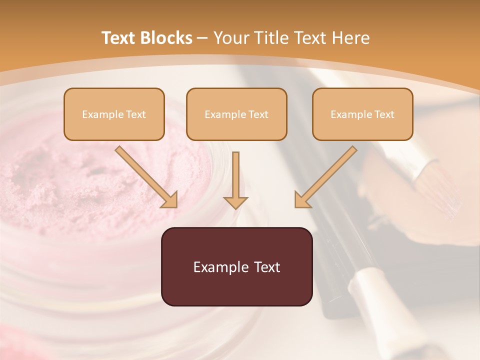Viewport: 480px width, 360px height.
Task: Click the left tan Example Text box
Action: pos(114,114)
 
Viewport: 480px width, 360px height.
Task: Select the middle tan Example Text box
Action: pos(236,114)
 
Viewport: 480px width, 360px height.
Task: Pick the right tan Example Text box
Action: pos(362,114)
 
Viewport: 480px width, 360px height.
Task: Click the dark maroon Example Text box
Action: pos(237,267)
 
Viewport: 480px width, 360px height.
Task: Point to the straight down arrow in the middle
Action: pos(235,180)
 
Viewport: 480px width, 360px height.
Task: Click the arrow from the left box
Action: pos(146,177)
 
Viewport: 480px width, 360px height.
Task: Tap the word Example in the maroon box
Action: pos(220,267)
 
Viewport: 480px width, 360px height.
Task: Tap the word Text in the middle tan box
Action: pos(258,114)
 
